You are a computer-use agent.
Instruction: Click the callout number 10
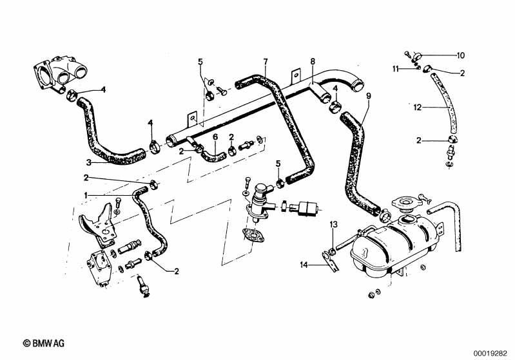pos(460,55)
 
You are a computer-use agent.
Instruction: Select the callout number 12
pos(418,108)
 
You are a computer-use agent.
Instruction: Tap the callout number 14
pos(304,265)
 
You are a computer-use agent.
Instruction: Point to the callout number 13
pos(334,225)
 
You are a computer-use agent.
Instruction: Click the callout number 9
pos(369,96)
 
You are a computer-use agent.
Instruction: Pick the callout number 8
pos(313,61)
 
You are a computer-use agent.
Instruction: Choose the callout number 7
pos(266,61)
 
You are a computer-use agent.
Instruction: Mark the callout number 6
pos(215,137)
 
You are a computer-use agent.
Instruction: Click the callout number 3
pos(88,162)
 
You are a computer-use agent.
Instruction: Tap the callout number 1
pos(86,196)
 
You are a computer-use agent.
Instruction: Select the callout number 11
pos(396,69)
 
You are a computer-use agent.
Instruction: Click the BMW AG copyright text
pos(44,343)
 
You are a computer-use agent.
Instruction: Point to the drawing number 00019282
pos(491,354)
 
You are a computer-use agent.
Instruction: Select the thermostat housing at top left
pos(61,74)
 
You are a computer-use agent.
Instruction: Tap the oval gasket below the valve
pos(253,236)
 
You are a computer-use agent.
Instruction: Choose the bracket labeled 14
pos(330,261)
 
